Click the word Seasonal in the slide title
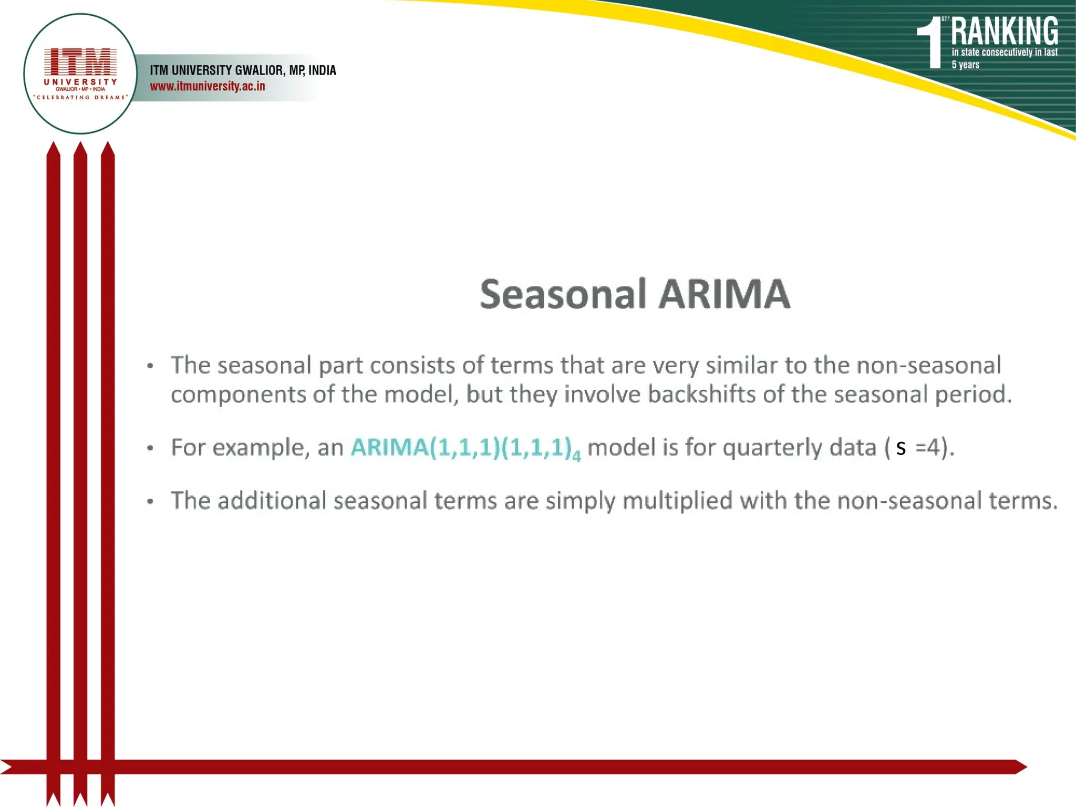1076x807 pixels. (563, 294)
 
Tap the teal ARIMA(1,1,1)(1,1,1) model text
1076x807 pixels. (461, 448)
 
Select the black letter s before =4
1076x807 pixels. (901, 448)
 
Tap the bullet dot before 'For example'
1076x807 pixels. (150, 448)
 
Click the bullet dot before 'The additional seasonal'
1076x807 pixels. (150, 501)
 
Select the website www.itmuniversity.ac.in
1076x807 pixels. (208, 86)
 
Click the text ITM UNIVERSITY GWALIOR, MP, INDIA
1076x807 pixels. (243, 70)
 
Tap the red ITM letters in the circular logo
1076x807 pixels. (80, 61)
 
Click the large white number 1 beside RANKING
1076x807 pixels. (932, 44)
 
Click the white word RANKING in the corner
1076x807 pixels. (1004, 32)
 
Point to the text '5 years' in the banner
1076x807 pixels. (965, 65)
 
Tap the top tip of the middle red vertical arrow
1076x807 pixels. (80, 146)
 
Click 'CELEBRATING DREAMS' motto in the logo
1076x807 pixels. (80, 97)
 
